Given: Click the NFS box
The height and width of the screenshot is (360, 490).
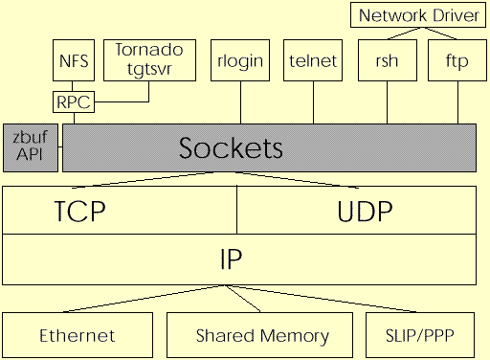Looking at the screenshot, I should click(x=73, y=60).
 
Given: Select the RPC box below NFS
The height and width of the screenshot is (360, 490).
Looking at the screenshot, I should click(x=73, y=100).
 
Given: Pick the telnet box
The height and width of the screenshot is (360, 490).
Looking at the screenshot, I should click(x=313, y=60).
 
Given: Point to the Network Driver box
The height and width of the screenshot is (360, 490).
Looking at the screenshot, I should click(x=416, y=15).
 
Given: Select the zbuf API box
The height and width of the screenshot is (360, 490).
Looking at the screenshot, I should click(x=31, y=148).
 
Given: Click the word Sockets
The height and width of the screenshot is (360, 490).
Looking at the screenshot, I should click(x=232, y=148).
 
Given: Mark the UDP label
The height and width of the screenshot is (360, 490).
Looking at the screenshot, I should click(x=365, y=210).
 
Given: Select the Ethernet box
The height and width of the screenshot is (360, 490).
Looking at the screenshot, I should click(x=78, y=335).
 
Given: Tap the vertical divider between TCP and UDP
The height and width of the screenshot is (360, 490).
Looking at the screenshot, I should click(x=237, y=210).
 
